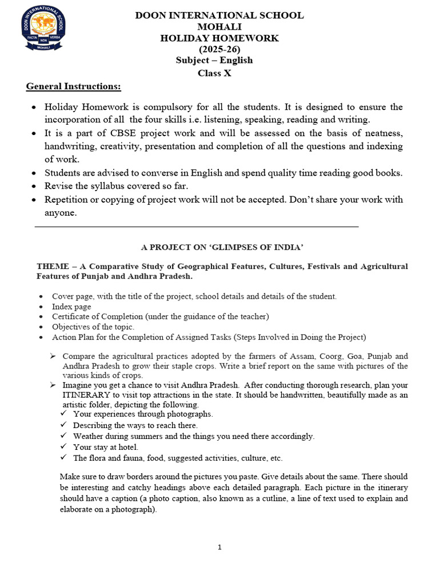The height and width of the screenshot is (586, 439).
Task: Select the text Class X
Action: coord(219,73)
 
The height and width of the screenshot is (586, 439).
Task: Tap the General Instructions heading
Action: coord(74,86)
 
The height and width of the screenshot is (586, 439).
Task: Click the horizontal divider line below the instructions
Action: coord(197,227)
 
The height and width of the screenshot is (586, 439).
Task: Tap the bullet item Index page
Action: coord(71,306)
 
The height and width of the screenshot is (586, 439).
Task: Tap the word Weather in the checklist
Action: coord(90,436)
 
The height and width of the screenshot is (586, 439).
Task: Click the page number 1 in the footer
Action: coord(219,548)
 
